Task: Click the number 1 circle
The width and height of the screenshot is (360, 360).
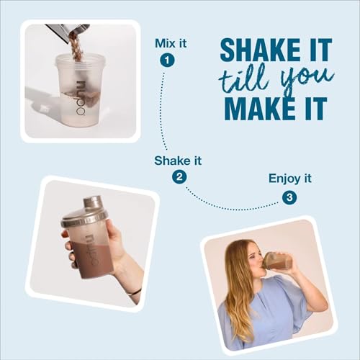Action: (168, 60)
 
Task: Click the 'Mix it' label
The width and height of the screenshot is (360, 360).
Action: (171, 43)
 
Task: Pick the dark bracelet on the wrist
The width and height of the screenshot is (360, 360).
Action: (133, 292)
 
